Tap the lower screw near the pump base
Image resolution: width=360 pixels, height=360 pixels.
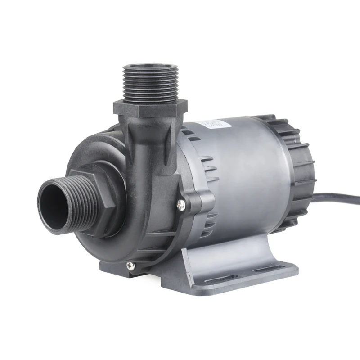coord(130,265)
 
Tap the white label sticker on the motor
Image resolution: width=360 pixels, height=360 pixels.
coord(210,124)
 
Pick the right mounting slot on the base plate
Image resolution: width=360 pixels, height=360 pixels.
coord(265,270)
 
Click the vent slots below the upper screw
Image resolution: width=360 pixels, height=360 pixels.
coord(207,225)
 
